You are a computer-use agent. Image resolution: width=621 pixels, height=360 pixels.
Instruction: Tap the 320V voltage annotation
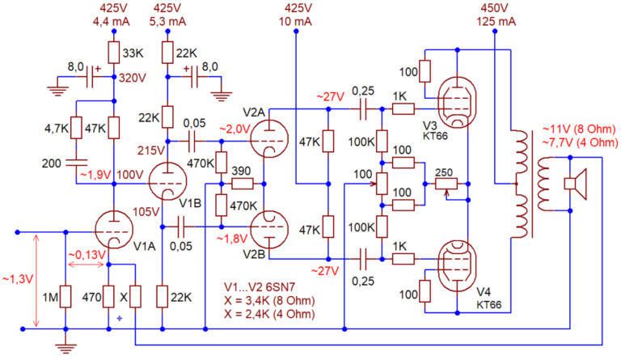[x=133, y=79]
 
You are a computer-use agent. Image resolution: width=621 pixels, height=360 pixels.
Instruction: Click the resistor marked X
[x=135, y=297]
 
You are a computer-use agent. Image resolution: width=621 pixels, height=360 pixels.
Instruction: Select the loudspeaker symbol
[x=577, y=184]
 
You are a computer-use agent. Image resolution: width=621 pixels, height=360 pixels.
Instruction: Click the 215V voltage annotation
[x=150, y=150]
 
